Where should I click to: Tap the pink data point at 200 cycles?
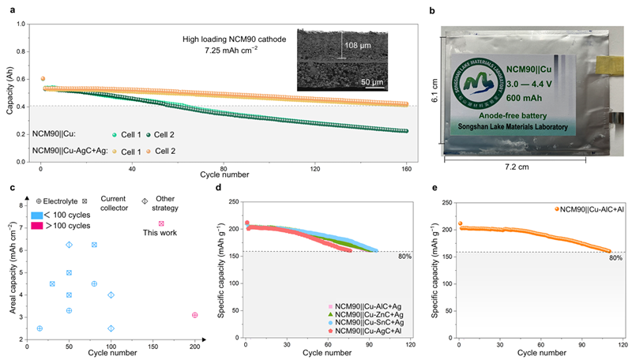point(194,315)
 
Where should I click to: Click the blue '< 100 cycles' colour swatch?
point(39,215)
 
